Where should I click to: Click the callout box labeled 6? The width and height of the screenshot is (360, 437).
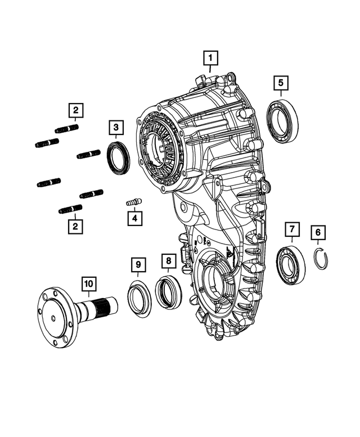[x=318, y=232]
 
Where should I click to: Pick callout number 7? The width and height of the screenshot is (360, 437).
[x=292, y=231]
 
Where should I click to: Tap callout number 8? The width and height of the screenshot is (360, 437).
[x=168, y=262]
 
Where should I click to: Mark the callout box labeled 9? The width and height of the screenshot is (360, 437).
[x=138, y=264]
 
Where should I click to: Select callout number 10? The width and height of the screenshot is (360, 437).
[x=88, y=285]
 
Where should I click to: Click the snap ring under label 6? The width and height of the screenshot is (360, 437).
[x=321, y=259]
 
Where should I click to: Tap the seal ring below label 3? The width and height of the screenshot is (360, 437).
[x=118, y=159]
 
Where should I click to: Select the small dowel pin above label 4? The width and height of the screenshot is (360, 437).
[x=134, y=201]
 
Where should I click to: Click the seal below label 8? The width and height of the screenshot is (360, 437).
[x=168, y=292]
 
